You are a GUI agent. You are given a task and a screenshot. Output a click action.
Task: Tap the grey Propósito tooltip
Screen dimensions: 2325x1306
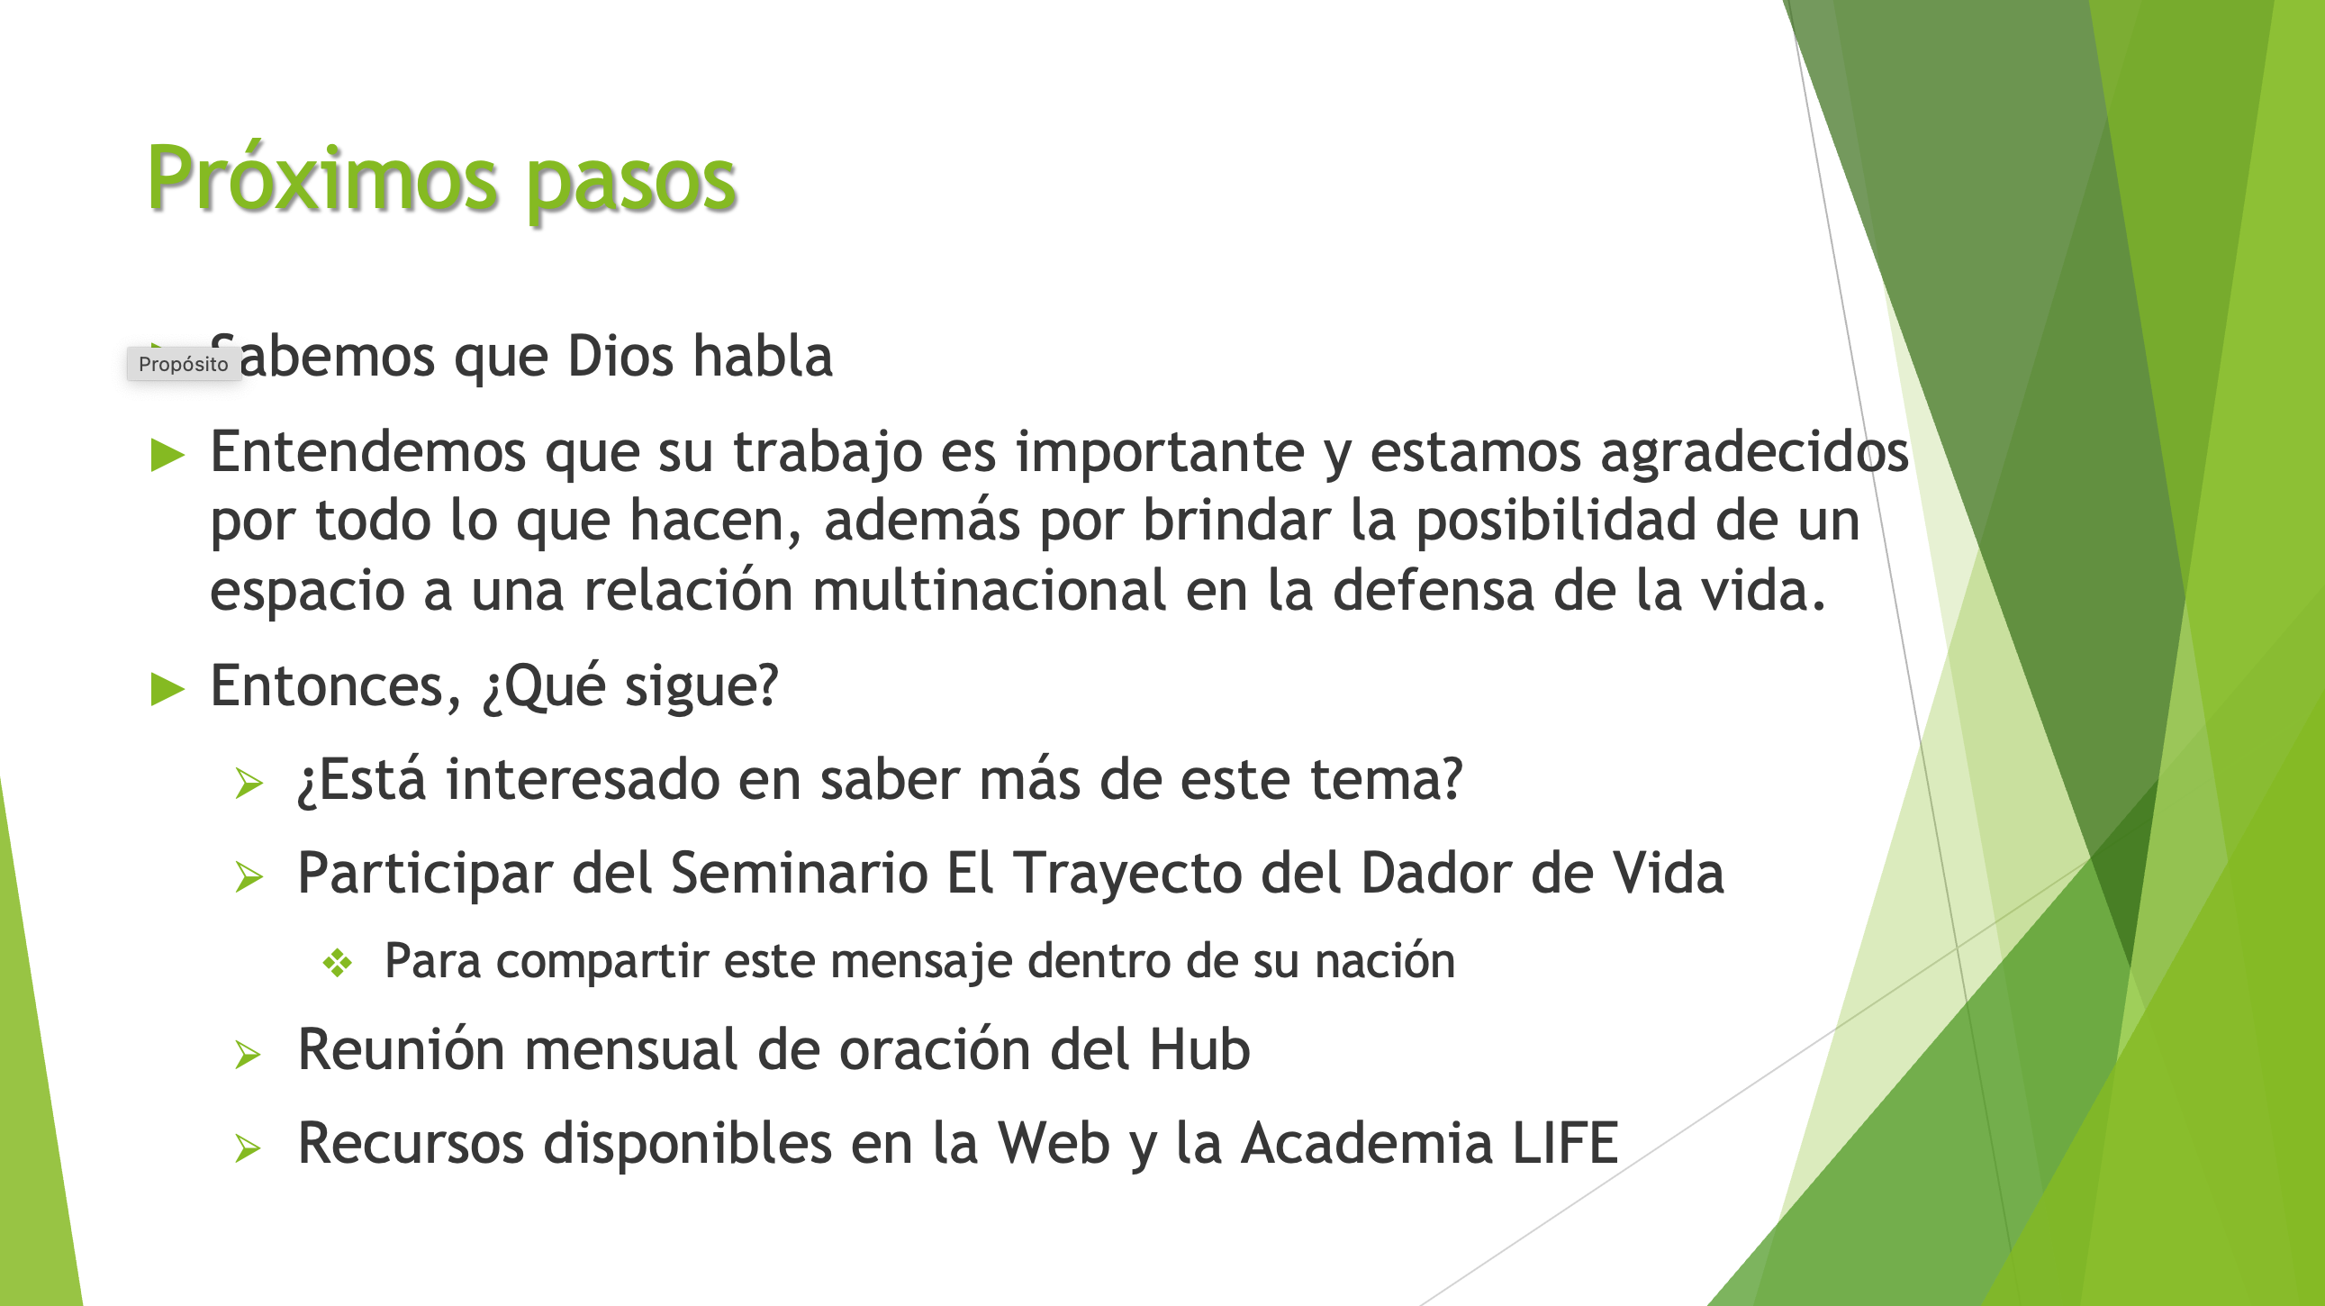(x=183, y=364)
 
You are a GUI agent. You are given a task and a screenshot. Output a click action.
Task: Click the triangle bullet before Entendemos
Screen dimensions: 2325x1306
(x=167, y=454)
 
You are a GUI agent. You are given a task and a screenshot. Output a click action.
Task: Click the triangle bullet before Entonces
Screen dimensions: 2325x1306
(x=167, y=689)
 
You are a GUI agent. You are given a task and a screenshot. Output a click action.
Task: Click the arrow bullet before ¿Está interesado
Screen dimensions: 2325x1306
(x=249, y=783)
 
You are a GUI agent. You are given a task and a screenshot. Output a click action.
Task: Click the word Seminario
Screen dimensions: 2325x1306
(x=799, y=873)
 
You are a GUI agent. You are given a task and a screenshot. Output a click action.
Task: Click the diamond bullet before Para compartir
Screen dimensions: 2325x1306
(x=338, y=963)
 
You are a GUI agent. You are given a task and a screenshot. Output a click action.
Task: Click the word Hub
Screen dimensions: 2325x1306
(x=1199, y=1048)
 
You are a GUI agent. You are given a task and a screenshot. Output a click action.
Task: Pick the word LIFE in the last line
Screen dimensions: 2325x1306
(x=1566, y=1143)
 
